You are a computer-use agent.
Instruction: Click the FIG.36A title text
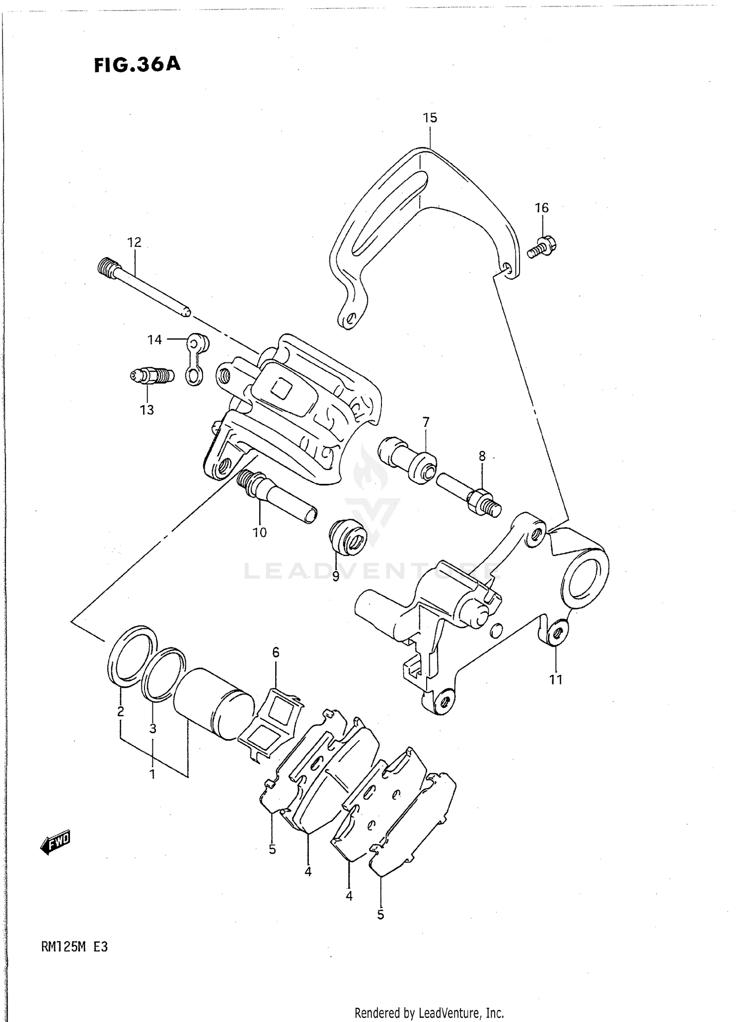click(137, 65)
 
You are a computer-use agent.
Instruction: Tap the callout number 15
click(430, 118)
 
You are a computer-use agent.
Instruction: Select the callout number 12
click(134, 242)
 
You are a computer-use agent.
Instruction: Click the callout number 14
click(154, 340)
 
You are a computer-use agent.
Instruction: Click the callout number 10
click(259, 533)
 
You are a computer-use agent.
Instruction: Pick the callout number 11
click(556, 680)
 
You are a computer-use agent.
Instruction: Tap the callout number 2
click(120, 712)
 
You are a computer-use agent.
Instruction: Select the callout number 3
click(152, 729)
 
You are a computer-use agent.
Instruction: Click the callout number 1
click(152, 774)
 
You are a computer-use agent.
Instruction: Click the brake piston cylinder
click(211, 700)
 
